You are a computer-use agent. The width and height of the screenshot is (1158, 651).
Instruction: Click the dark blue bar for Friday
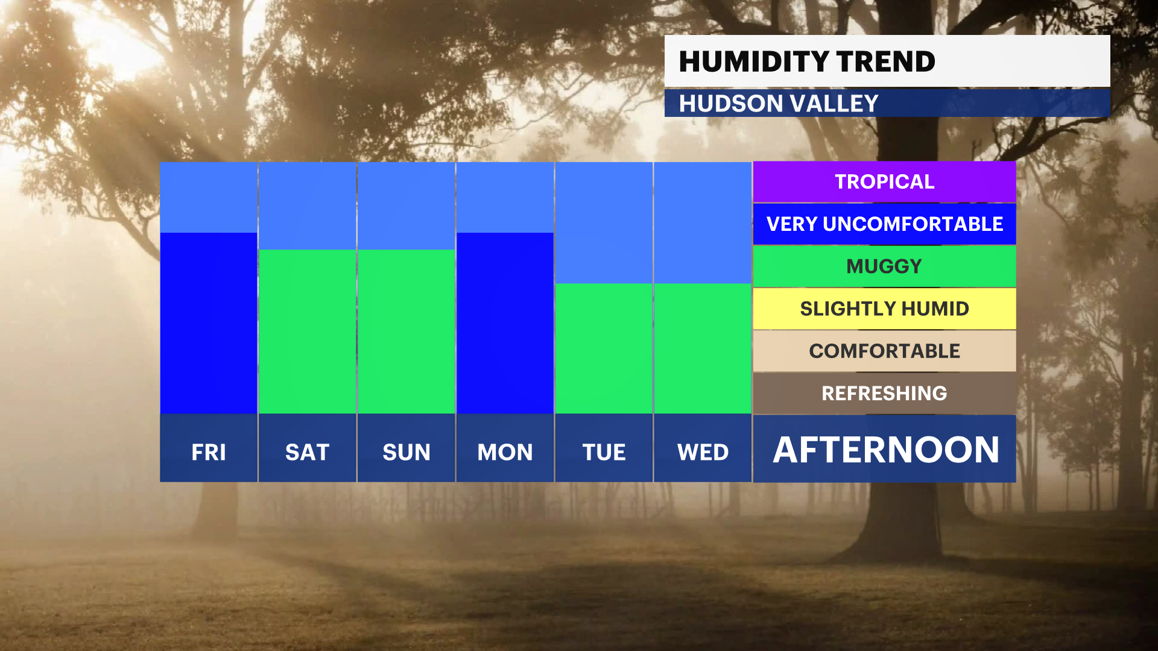click(x=209, y=323)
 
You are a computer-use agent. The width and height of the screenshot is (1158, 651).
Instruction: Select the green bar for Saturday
click(x=308, y=332)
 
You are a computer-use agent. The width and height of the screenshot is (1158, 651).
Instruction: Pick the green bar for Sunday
click(x=407, y=332)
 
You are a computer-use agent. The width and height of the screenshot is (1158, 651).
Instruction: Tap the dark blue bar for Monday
click(x=505, y=323)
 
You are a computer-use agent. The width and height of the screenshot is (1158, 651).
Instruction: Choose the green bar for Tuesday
click(x=604, y=348)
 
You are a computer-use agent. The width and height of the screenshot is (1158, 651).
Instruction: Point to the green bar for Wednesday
click(x=703, y=348)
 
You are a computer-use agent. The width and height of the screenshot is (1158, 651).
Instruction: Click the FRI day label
click(x=209, y=452)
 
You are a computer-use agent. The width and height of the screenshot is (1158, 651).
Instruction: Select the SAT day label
click(x=308, y=452)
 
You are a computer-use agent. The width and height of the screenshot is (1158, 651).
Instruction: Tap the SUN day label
click(x=407, y=452)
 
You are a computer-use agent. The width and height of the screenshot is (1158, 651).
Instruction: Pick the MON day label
click(x=505, y=452)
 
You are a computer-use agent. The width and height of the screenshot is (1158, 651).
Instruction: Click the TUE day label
click(x=604, y=452)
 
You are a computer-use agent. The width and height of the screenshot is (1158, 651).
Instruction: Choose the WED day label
click(x=703, y=452)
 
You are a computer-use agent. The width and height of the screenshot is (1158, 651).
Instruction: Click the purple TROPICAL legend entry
click(x=884, y=182)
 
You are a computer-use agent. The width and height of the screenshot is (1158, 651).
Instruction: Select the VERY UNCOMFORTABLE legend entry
click(x=884, y=224)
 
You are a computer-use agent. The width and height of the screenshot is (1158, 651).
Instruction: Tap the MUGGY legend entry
click(x=884, y=266)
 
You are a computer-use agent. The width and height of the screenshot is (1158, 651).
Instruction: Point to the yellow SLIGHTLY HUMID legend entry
click(x=884, y=309)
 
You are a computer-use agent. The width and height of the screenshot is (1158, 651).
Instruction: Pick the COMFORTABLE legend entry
click(x=884, y=351)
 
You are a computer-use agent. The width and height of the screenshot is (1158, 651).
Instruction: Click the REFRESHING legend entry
click(x=884, y=393)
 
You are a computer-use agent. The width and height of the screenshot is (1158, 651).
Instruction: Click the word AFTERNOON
click(x=886, y=450)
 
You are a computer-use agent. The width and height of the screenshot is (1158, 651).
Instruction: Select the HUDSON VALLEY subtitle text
click(x=779, y=104)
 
